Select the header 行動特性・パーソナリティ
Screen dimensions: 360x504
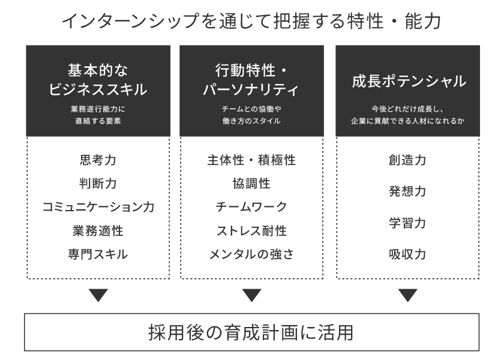coord(251,80)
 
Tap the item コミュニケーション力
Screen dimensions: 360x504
coord(98,207)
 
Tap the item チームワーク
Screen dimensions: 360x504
coord(251,207)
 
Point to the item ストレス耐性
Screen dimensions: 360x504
coord(251,230)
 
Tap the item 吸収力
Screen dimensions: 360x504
coord(408,254)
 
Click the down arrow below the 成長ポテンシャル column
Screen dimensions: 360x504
coord(408,295)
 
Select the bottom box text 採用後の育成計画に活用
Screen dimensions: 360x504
coord(251,332)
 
